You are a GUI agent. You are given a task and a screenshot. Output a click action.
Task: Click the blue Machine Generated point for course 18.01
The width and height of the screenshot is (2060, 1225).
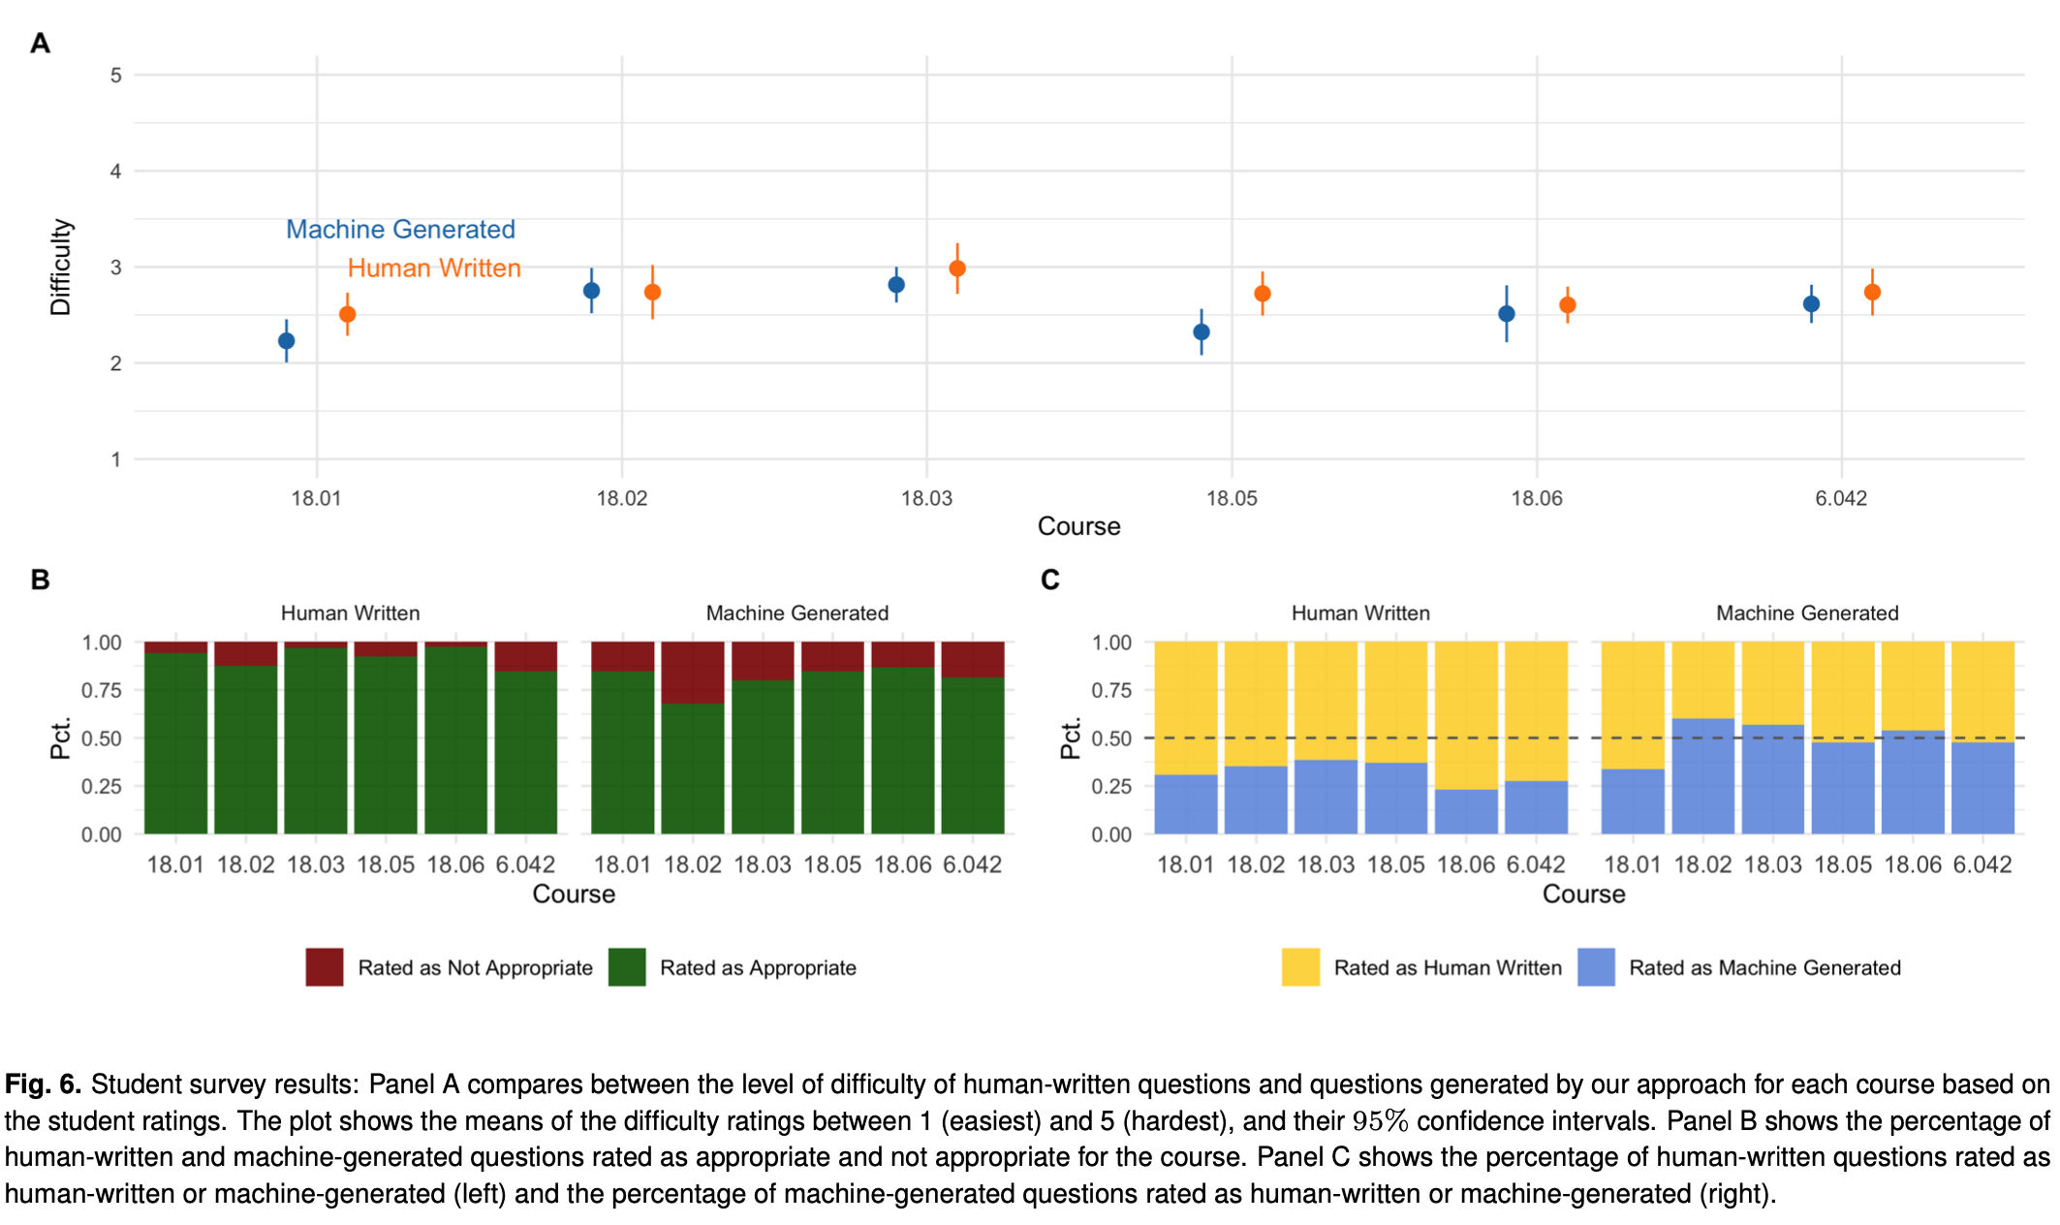point(286,341)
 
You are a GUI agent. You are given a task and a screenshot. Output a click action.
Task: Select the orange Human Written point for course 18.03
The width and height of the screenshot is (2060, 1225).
point(957,268)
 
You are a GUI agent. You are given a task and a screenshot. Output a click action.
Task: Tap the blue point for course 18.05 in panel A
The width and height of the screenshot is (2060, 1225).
point(1202,332)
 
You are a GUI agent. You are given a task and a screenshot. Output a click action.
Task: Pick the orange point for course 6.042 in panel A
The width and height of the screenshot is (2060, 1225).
point(1872,292)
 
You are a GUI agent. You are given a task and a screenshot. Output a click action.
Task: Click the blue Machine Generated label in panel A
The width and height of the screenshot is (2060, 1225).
point(400,230)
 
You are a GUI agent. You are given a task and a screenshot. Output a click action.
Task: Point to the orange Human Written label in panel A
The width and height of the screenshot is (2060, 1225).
point(434,268)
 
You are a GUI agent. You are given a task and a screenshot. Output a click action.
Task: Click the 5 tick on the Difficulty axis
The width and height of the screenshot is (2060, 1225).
point(116,76)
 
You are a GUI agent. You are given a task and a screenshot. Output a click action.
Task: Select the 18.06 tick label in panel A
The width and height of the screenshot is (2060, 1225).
point(1537,499)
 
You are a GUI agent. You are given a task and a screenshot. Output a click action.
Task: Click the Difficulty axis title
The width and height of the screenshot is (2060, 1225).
point(61,267)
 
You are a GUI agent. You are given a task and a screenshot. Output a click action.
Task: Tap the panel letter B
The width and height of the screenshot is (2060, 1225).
point(40,580)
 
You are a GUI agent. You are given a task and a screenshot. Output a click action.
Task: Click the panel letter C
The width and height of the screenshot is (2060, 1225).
point(1049,580)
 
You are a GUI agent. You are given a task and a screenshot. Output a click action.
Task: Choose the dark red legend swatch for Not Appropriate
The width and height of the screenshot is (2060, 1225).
point(325,967)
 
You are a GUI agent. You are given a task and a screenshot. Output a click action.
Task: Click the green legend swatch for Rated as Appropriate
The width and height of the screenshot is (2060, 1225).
point(627,967)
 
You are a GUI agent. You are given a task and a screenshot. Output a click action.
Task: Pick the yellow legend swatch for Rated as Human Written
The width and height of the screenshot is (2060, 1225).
point(1300,967)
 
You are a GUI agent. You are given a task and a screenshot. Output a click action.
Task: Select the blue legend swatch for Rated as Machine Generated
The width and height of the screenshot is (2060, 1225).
point(1596,967)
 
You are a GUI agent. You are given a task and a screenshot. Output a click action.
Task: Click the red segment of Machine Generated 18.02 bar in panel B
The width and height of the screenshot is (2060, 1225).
point(693,672)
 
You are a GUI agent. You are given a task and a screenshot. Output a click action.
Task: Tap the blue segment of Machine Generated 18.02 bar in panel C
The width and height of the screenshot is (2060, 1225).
point(1702,775)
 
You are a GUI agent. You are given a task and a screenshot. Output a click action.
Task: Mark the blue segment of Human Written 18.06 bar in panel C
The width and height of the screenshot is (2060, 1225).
point(1466,812)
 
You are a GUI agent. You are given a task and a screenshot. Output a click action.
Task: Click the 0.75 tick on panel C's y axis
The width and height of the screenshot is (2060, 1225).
point(1111,690)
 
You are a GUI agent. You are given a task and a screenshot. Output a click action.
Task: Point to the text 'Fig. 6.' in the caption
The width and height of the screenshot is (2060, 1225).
point(43,1084)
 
